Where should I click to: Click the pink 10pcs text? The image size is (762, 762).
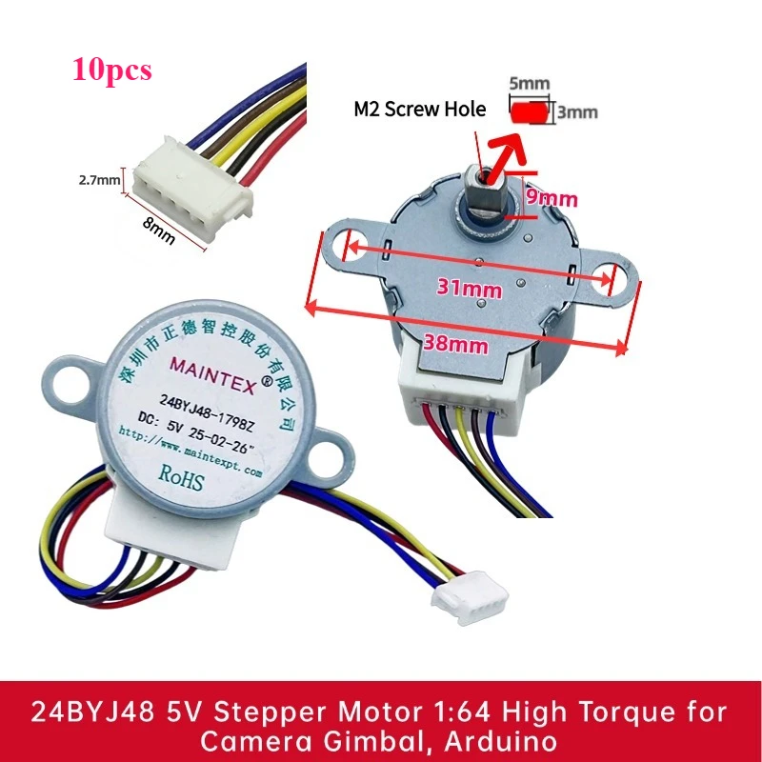point(111,70)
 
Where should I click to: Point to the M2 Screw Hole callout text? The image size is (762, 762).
point(419,110)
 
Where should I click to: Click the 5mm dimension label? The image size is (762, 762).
point(530,84)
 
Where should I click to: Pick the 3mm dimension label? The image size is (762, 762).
point(577,111)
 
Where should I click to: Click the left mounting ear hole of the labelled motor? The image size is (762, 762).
point(71,378)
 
